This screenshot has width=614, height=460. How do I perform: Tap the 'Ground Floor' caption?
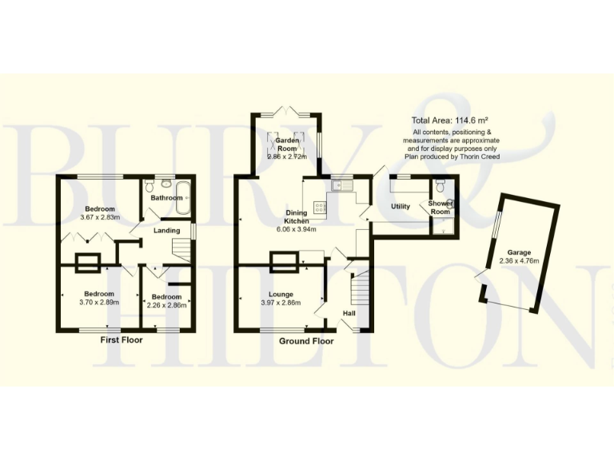306,341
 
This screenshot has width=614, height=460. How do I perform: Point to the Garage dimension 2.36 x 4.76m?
515,261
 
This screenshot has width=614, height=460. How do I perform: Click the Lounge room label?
281,293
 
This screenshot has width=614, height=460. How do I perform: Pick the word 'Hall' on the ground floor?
349,313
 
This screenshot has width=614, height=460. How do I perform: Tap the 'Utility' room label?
400,207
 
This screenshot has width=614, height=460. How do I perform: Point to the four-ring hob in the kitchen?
321,207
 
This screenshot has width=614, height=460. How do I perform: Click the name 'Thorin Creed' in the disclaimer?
478,157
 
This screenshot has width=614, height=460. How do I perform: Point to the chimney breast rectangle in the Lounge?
281,260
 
